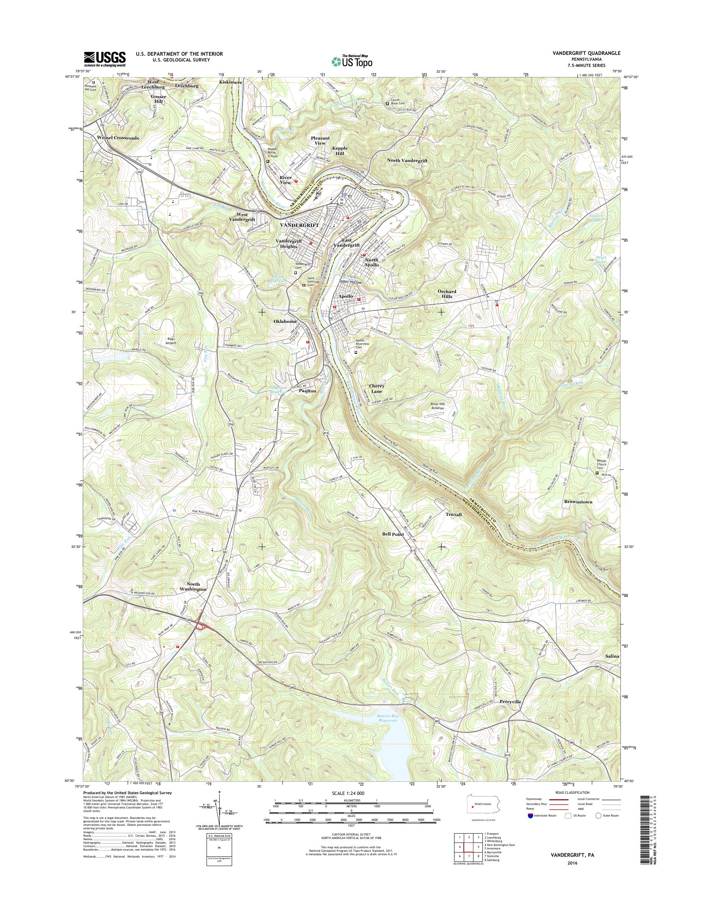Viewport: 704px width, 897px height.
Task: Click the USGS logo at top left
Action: [x=105, y=59]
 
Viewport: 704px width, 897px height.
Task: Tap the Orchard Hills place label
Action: [x=447, y=294]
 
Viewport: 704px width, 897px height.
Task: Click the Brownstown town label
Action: [x=578, y=502]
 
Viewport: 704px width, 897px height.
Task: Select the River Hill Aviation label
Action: [x=438, y=407]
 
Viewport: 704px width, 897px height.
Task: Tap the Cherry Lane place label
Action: [x=377, y=388]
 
